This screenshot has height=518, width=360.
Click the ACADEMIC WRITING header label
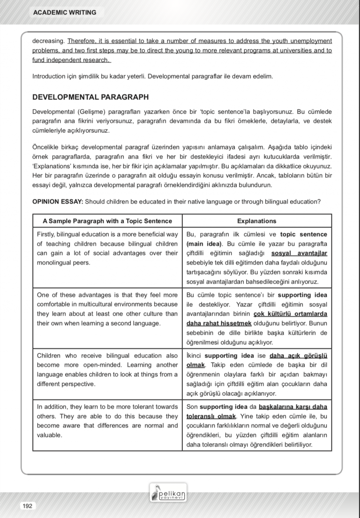[65, 13]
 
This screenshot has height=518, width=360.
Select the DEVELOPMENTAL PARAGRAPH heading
[90, 98]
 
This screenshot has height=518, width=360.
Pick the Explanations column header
[256, 221]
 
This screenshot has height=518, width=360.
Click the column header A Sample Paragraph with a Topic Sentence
[107, 221]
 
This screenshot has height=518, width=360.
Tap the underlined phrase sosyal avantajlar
[299, 253]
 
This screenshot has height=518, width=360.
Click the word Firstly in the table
[47, 234]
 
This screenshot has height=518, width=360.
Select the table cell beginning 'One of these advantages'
[107, 309]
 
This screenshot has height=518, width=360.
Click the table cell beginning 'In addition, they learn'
[107, 421]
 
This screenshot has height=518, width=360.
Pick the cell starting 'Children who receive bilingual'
[107, 370]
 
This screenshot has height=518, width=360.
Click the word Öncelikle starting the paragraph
[48, 147]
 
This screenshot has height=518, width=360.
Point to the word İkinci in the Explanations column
[194, 356]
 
